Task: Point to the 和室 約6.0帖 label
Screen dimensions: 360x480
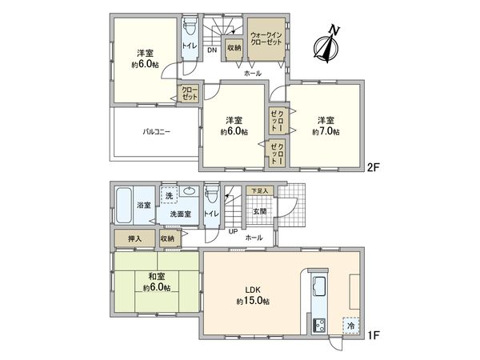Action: point(155,281)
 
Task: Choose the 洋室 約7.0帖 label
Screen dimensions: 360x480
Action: point(326,126)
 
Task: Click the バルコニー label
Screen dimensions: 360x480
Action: point(156,132)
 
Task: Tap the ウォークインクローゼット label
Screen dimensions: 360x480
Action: point(265,41)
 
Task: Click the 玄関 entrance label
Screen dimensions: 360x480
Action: point(261,211)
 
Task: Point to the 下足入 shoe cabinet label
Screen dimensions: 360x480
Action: point(260,191)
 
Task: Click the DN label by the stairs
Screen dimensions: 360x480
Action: point(211,52)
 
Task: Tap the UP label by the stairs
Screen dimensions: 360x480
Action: point(233,232)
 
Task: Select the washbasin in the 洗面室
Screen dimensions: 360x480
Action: point(189,193)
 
